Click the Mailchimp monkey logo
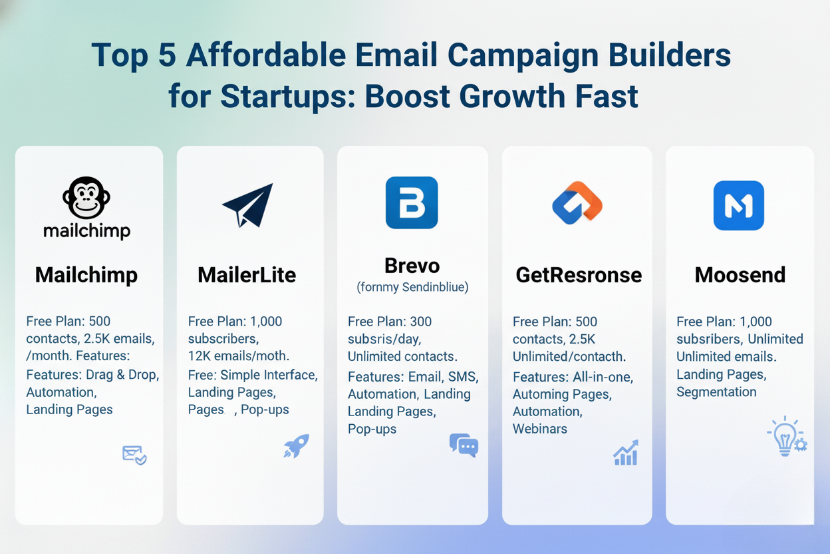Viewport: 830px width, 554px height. tap(86, 197)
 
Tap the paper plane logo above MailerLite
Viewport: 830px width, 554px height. tap(248, 205)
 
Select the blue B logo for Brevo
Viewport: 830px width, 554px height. tap(412, 202)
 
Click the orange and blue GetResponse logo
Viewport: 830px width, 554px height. tap(577, 203)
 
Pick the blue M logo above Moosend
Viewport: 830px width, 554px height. tap(739, 206)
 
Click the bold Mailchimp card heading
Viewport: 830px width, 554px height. tap(86, 276)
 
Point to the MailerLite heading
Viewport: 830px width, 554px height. tap(247, 275)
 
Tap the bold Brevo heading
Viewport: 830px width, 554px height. tap(412, 266)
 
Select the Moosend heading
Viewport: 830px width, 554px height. tap(740, 275)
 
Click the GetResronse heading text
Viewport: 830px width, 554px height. tap(579, 276)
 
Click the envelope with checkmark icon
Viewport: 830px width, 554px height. tap(134, 455)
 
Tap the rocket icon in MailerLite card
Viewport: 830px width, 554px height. tap(297, 446)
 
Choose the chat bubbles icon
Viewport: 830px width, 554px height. tap(464, 445)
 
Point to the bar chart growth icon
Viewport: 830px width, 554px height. tap(626, 453)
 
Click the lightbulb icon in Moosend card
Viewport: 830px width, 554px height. tap(787, 436)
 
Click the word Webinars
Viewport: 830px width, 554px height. tap(540, 429)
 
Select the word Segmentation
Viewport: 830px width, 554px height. tap(716, 392)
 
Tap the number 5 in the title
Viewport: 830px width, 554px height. tap(167, 55)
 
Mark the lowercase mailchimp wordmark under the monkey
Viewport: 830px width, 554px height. tap(86, 231)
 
